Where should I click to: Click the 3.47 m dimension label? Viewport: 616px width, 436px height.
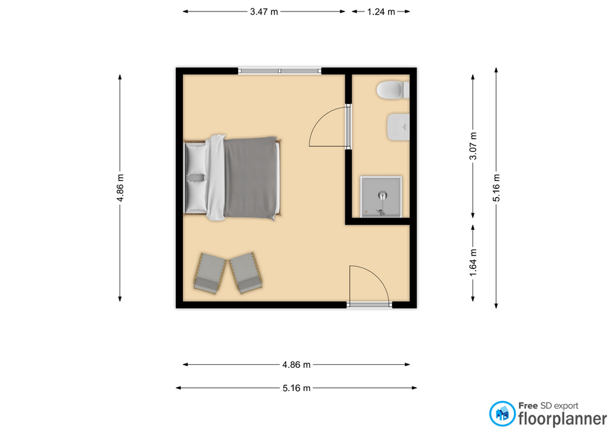point(264,12)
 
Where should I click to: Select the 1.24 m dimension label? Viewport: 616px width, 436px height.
point(381,12)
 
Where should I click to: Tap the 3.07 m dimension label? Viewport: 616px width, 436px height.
point(474,146)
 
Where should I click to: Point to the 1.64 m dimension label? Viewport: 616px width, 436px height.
point(474,262)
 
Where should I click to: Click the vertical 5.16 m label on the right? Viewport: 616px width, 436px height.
point(497,188)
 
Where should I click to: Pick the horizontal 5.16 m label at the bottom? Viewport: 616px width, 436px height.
point(296,388)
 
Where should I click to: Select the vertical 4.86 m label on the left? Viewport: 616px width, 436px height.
point(120,188)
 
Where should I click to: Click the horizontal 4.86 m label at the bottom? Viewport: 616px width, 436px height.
point(296,365)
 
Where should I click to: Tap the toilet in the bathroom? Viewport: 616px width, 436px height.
point(393,91)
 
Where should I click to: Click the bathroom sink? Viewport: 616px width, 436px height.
point(398,127)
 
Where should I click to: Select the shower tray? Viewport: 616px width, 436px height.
point(381,196)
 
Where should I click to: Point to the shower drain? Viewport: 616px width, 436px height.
point(382,195)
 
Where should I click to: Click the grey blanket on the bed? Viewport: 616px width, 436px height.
point(250,178)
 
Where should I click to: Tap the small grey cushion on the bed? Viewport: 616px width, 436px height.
point(196,178)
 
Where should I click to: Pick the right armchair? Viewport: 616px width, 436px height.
point(246,273)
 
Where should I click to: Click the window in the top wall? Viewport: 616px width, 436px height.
point(280,71)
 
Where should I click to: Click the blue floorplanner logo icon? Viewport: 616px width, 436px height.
point(502,414)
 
